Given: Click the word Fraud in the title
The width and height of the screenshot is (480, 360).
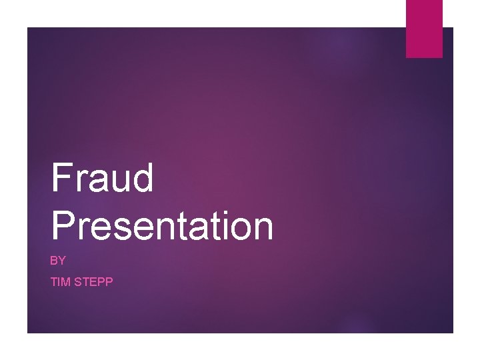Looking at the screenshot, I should click(x=102, y=178).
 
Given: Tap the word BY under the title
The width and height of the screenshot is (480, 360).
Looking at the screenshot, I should click(x=58, y=261).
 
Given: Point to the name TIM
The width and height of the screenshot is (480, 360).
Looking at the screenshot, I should click(x=61, y=282).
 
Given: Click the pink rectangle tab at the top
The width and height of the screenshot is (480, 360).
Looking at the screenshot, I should click(x=425, y=29).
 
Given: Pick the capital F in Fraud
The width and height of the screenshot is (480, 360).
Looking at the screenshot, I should click(x=62, y=178).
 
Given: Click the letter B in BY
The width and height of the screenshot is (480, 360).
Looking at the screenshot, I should click(x=54, y=261).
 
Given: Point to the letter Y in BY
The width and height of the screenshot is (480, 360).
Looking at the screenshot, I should click(x=62, y=261).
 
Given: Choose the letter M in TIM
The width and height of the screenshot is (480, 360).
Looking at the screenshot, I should click(x=65, y=282).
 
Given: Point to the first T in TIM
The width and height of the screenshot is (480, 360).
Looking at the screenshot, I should click(x=54, y=282).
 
